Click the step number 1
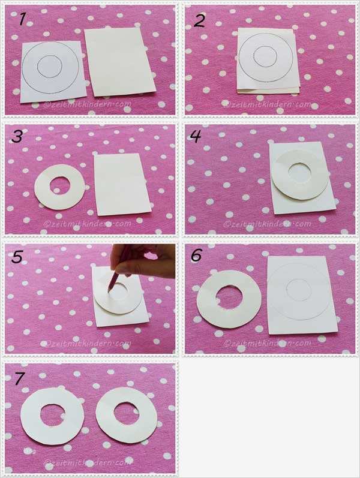coord(22,19)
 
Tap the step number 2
coord(199,21)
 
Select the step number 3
coord(17,136)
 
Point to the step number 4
coord(195,136)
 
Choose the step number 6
coord(196,255)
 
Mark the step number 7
coord(19,379)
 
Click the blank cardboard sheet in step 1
coord(119,62)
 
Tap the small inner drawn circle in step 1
coord(50,65)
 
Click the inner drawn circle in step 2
coord(265,56)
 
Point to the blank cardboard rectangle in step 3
coord(122,184)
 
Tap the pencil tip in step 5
coord(109,290)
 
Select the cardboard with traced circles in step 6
coord(302,294)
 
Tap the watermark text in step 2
coord(268,104)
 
